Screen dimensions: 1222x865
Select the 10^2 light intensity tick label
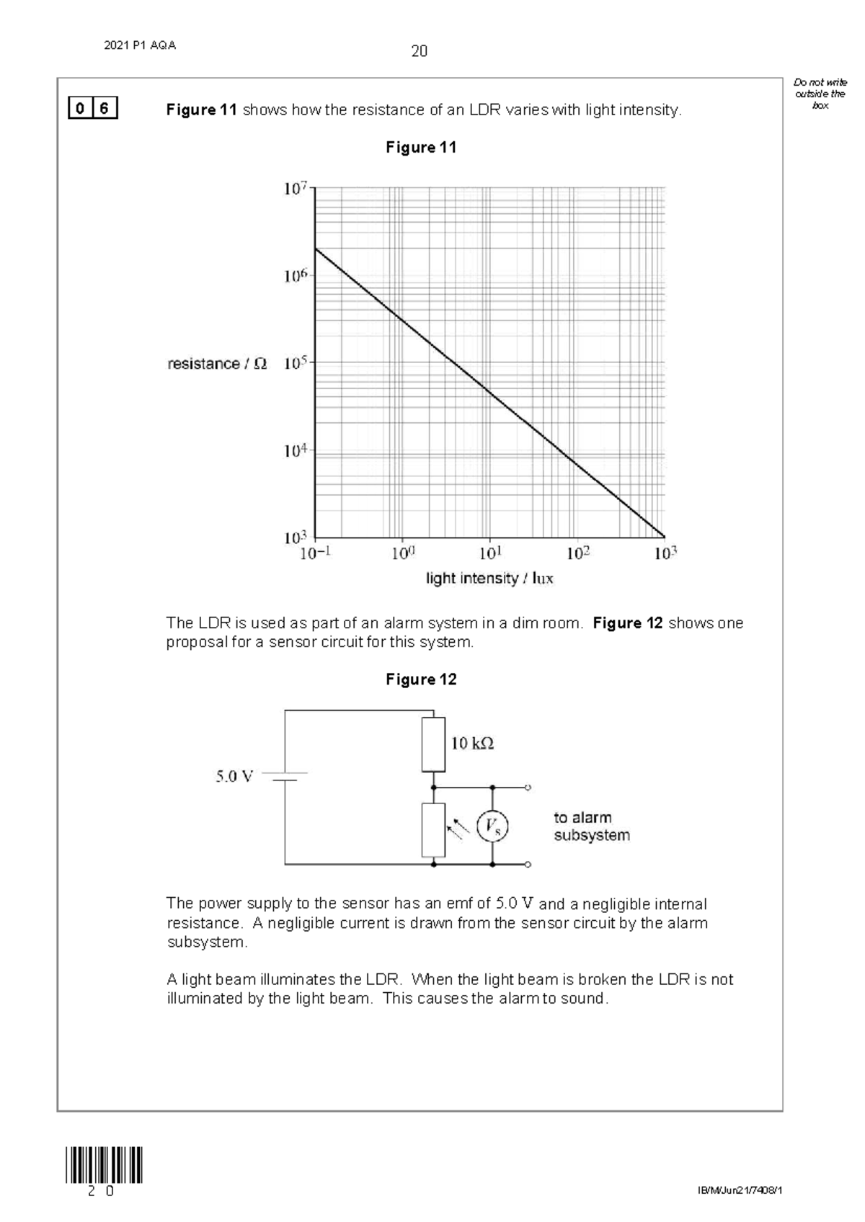(578, 553)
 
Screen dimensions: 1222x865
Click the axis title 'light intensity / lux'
(489, 579)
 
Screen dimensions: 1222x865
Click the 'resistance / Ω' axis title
(217, 364)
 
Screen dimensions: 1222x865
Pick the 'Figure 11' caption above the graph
(421, 148)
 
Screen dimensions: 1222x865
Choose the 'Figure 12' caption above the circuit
(421, 679)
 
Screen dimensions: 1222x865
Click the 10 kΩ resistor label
(472, 743)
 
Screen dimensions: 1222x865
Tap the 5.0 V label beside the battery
(234, 777)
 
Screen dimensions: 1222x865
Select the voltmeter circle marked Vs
(492, 826)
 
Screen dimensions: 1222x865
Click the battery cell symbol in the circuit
(285, 777)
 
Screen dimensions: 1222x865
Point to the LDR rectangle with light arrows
(434, 830)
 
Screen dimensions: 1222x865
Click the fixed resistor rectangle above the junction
(434, 744)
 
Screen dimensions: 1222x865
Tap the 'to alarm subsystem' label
(591, 826)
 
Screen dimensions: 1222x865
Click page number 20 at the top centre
(419, 51)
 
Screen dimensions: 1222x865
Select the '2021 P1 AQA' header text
(140, 45)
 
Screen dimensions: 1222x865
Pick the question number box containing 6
(105, 110)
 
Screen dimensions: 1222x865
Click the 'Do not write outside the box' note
(820, 94)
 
